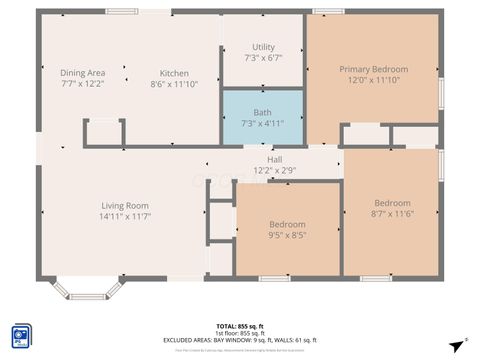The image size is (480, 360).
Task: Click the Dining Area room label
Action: pos(83,73)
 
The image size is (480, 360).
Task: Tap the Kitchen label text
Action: pos(174,73)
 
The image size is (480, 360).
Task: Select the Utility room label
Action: pos(263,47)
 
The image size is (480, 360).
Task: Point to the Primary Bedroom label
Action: pos(373,69)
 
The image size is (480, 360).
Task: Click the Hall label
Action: pos(274,160)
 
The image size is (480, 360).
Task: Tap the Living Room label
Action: pos(124,206)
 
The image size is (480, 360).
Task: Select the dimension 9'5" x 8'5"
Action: pos(287,236)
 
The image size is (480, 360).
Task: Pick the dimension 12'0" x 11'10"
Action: pos(373,80)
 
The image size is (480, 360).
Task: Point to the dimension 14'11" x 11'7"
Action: pos(124,217)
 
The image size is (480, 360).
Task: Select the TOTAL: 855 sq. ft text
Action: pos(240,326)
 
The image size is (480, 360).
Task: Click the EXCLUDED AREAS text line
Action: pos(240,340)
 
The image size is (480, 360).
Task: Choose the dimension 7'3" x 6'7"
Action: pos(263,58)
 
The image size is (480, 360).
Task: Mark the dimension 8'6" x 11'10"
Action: pos(174,84)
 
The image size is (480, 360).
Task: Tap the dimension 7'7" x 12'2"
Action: pos(83,84)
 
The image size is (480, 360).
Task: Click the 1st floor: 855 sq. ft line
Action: pos(240,333)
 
